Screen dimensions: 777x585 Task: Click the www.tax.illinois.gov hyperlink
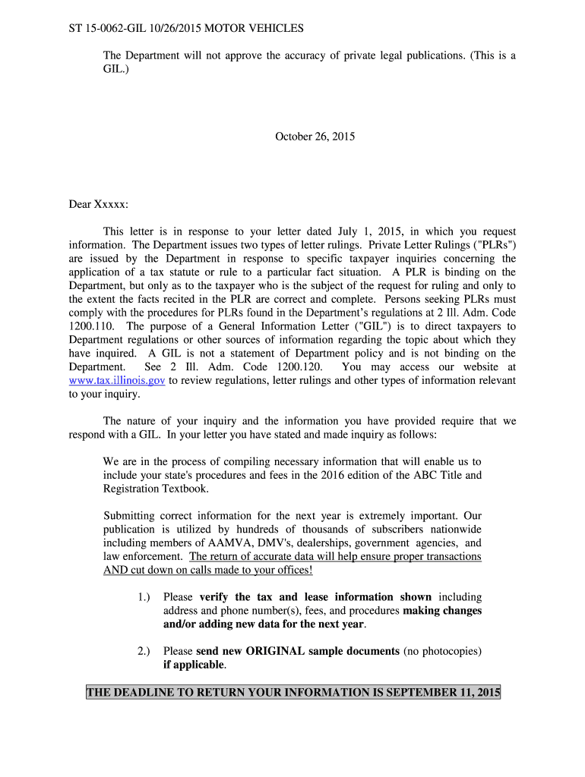117,381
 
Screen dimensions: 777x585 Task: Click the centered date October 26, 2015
315,137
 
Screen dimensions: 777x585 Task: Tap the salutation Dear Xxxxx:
99,204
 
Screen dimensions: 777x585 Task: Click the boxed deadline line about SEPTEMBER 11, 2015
293,693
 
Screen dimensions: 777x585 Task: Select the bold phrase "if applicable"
194,665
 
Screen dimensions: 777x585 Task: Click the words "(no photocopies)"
442,651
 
